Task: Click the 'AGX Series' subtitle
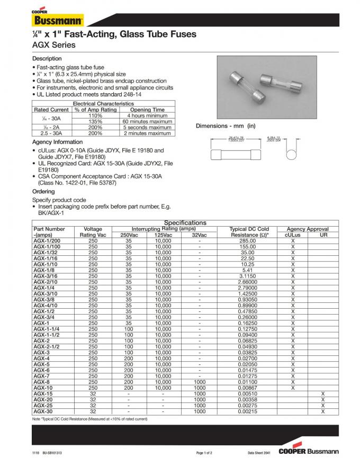click(x=53, y=45)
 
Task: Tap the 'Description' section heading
click(x=47, y=58)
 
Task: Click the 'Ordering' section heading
click(x=43, y=191)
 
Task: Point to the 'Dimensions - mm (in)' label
click(x=226, y=126)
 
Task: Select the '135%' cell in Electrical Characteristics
click(x=95, y=121)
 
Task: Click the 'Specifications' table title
click(x=185, y=223)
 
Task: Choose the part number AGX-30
click(x=43, y=411)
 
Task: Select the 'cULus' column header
click(x=292, y=235)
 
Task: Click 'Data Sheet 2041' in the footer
click(x=259, y=453)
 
